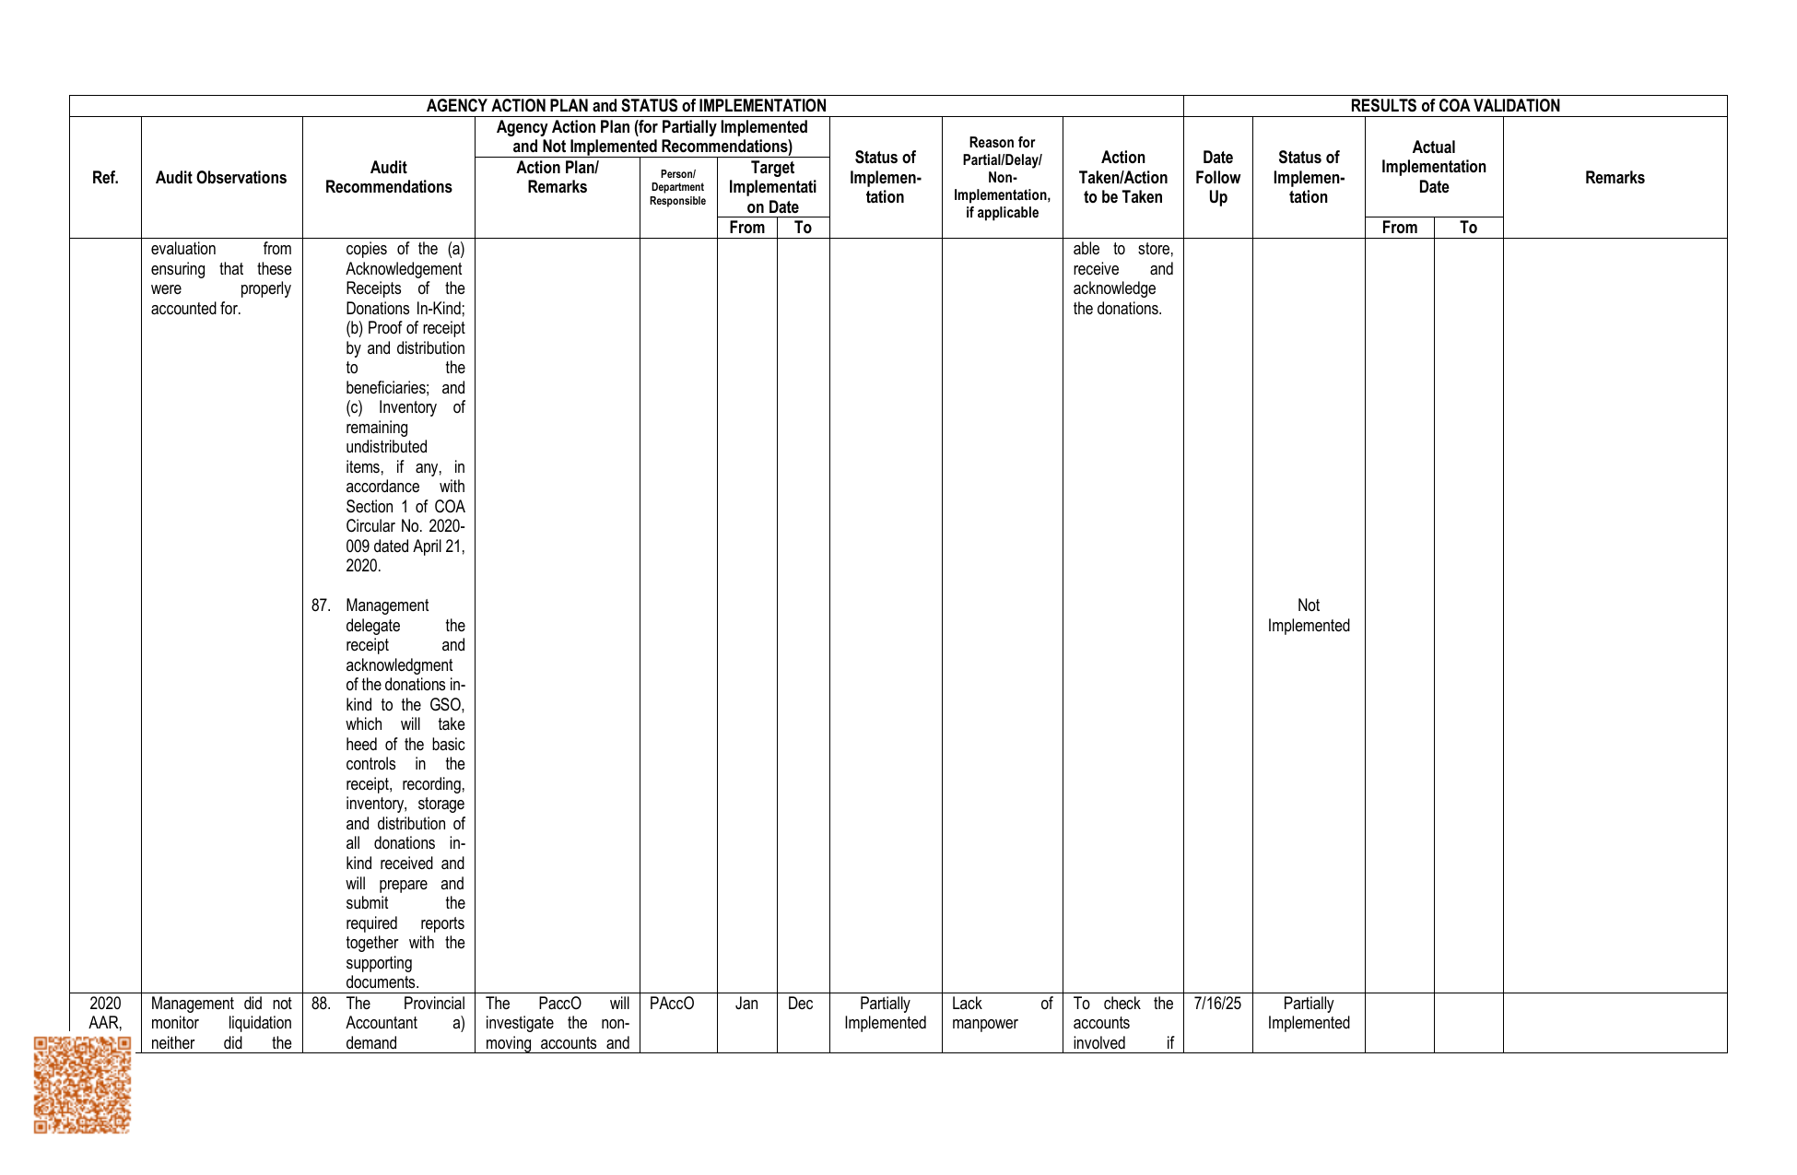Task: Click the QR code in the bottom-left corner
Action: tap(82, 1085)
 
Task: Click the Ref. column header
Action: tap(105, 178)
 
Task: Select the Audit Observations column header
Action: tap(221, 178)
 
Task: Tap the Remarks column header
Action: tap(1615, 178)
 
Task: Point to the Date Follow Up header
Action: tap(1217, 178)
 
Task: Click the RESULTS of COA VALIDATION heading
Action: tap(1455, 106)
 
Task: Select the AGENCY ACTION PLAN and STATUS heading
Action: tap(626, 106)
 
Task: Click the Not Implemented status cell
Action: tap(1309, 616)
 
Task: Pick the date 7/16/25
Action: tap(1217, 1004)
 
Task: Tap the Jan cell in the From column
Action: tap(746, 1004)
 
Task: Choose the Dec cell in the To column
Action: tap(801, 1004)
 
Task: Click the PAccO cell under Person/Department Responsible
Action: tap(672, 1004)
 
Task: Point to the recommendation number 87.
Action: tap(320, 605)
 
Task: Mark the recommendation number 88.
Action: tap(320, 1004)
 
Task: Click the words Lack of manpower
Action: tap(1002, 1013)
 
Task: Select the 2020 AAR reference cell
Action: tap(105, 1013)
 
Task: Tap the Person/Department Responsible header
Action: tap(677, 187)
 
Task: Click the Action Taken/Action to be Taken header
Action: tap(1122, 178)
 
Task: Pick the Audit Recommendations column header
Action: tap(388, 178)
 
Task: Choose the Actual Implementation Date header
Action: tap(1433, 167)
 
